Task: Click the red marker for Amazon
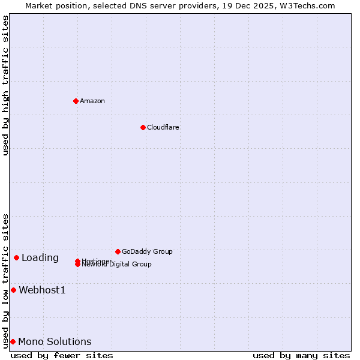pyautogui.click(x=76, y=101)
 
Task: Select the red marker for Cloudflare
pyautogui.click(x=143, y=127)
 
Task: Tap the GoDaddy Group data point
pyautogui.click(x=118, y=251)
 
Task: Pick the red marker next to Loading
pyautogui.click(x=16, y=257)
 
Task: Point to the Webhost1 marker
pyautogui.click(x=13, y=290)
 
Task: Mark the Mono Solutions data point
pyautogui.click(x=13, y=341)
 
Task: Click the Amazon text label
pyautogui.click(x=92, y=101)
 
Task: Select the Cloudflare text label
pyautogui.click(x=163, y=127)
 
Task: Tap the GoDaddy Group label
pyautogui.click(x=147, y=251)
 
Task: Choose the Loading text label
pyautogui.click(x=40, y=258)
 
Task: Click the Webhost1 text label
pyautogui.click(x=42, y=290)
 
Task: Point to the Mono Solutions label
pyautogui.click(x=55, y=342)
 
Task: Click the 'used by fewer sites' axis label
pyautogui.click(x=62, y=355)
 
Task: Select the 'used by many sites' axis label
pyautogui.click(x=301, y=355)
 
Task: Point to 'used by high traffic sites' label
pyautogui.click(x=5, y=85)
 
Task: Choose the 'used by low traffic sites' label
pyautogui.click(x=5, y=281)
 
